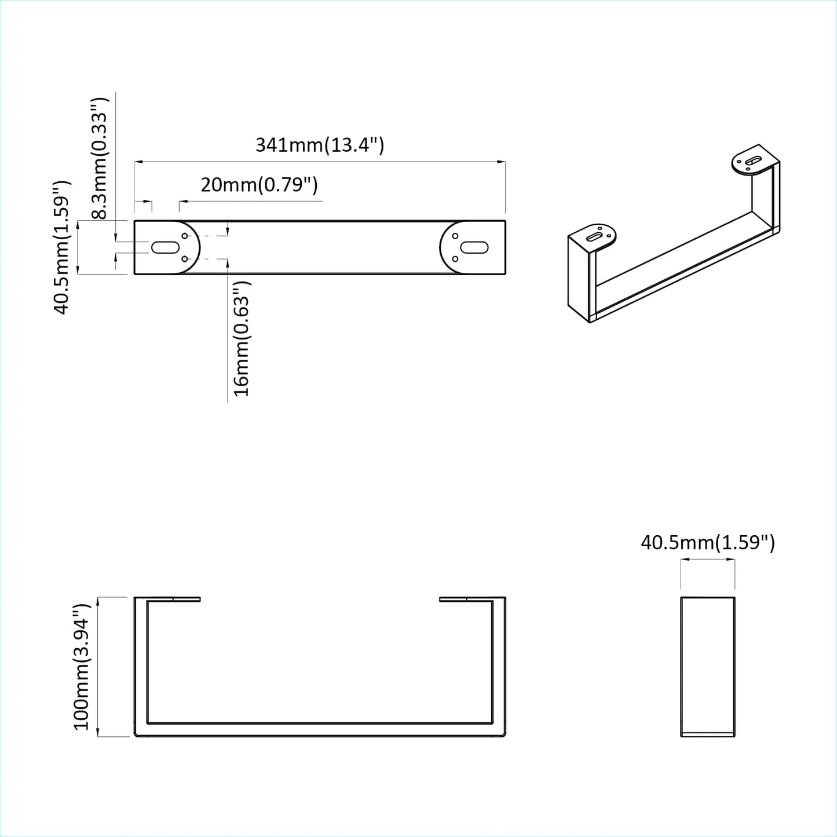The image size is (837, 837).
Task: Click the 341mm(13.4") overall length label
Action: pyautogui.click(x=320, y=144)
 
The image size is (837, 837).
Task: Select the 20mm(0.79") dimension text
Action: pyautogui.click(x=259, y=185)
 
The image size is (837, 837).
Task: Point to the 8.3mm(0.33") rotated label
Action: pyautogui.click(x=100, y=158)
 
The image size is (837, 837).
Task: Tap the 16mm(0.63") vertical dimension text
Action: pyautogui.click(x=241, y=339)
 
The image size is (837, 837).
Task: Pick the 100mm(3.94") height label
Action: pyautogui.click(x=82, y=667)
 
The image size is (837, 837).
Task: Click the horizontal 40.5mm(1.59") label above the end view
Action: pyautogui.click(x=707, y=543)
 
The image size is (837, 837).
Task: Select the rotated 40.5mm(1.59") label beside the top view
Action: pyautogui.click(x=62, y=247)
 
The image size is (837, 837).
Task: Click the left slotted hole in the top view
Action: pyautogui.click(x=165, y=248)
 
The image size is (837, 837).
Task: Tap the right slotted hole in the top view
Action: pyautogui.click(x=474, y=248)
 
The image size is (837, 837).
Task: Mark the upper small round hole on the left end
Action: pyautogui.click(x=185, y=236)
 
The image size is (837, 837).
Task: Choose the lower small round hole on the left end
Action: pyautogui.click(x=185, y=259)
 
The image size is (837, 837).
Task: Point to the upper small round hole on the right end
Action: pyautogui.click(x=455, y=236)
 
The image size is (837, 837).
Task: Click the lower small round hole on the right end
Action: pyautogui.click(x=455, y=259)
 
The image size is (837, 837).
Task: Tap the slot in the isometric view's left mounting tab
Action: pyautogui.click(x=595, y=237)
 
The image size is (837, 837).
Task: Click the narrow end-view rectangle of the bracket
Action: pyautogui.click(x=707, y=666)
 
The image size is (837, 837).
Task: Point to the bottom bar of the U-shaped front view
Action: pyautogui.click(x=320, y=730)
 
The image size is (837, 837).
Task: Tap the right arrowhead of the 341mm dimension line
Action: pyautogui.click(x=502, y=162)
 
